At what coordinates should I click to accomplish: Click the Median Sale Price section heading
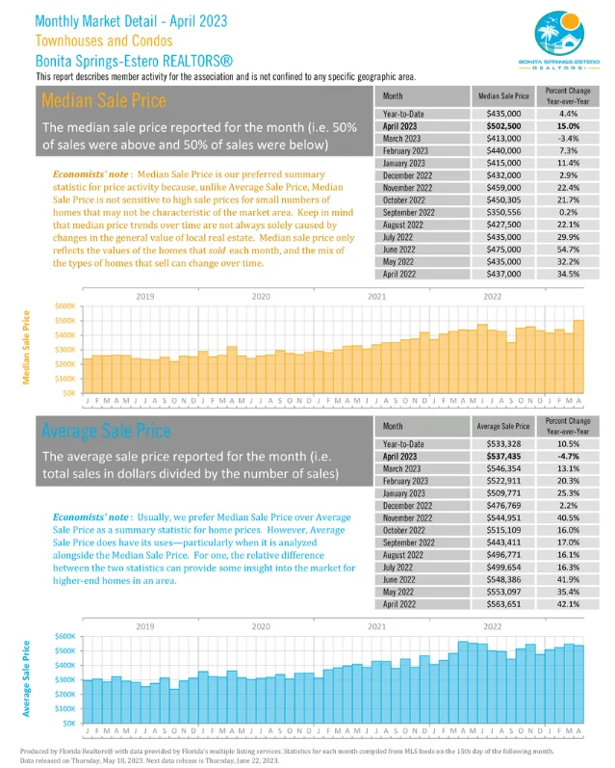click(104, 100)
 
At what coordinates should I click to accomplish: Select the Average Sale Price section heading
click(106, 429)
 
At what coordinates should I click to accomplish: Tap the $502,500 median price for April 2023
click(503, 126)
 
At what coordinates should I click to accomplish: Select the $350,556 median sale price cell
click(503, 212)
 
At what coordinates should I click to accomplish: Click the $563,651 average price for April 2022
click(503, 604)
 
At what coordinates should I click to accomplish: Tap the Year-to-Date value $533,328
click(503, 443)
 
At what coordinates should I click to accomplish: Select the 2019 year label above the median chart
click(145, 296)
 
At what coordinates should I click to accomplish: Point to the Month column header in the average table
click(393, 425)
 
